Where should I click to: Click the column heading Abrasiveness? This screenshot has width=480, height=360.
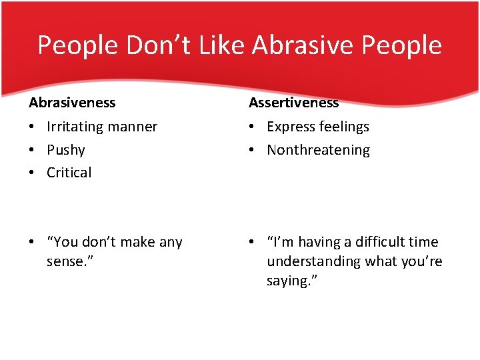72,103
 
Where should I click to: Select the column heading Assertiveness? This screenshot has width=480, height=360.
293,103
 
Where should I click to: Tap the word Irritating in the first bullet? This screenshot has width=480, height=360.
75,127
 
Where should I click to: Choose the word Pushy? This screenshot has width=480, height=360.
65,150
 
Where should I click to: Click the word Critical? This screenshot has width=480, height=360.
69,173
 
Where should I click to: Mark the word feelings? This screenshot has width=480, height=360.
344,127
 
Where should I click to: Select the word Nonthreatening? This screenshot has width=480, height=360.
318,150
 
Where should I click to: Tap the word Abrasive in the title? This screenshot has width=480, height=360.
303,45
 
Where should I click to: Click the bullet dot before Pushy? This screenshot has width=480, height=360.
32,151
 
